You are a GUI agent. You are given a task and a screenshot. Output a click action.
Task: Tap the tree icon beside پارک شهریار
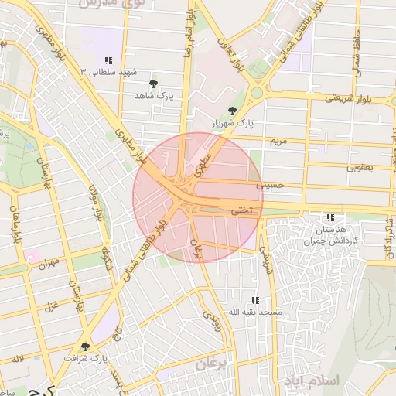(232, 111)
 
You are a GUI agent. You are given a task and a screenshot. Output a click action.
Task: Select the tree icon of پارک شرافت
(85, 346)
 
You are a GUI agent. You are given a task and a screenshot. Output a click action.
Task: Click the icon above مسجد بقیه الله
(254, 300)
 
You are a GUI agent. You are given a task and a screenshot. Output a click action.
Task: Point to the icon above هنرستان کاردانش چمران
(330, 218)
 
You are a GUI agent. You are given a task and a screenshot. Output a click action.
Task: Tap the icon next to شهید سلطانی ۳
(108, 60)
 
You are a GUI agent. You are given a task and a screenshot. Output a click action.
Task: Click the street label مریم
(278, 142)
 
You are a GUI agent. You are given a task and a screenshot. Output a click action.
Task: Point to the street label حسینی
(275, 186)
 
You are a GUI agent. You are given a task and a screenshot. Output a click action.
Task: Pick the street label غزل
(52, 304)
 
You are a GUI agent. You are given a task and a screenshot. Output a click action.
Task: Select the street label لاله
(17, 359)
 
